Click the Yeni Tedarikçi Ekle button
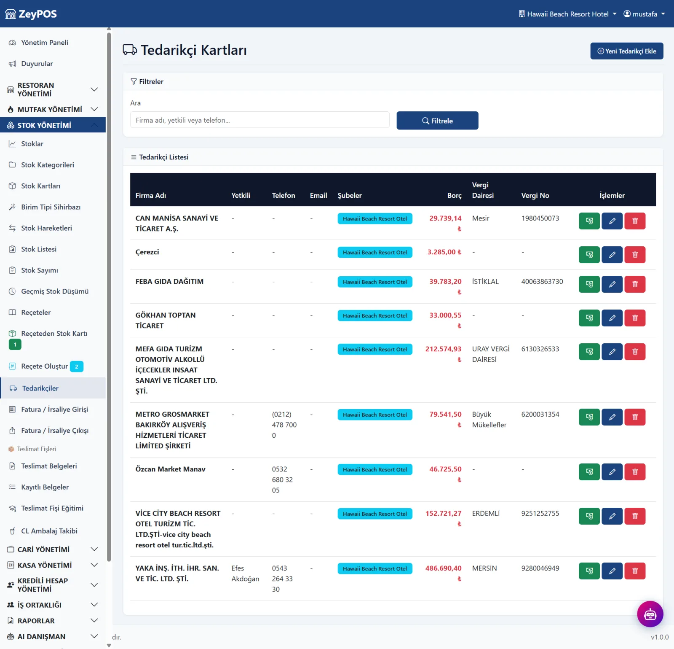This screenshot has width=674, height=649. pyautogui.click(x=626, y=51)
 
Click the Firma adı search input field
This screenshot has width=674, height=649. pyautogui.click(x=259, y=120)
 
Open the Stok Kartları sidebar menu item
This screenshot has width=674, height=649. pyautogui.click(x=40, y=186)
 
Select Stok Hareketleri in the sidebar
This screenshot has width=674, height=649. pyautogui.click(x=46, y=228)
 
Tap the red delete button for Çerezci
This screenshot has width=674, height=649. pyautogui.click(x=635, y=255)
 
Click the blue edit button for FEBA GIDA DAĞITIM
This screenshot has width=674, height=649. pyautogui.click(x=612, y=284)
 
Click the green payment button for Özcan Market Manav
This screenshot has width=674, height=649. pyautogui.click(x=589, y=472)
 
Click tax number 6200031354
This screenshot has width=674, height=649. pyautogui.click(x=540, y=415)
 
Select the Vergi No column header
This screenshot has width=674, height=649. pyautogui.click(x=535, y=196)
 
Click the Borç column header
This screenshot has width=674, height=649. pyautogui.click(x=454, y=196)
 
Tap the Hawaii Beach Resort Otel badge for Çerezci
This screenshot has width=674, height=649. pyautogui.click(x=375, y=253)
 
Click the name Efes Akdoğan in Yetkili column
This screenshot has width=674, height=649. pyautogui.click(x=245, y=574)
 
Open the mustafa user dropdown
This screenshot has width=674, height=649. pyautogui.click(x=644, y=14)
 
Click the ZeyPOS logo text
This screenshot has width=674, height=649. pyautogui.click(x=37, y=14)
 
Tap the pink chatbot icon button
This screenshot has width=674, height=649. pyautogui.click(x=650, y=614)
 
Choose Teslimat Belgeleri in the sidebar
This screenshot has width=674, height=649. pyautogui.click(x=49, y=466)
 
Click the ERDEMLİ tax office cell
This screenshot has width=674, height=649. pyautogui.click(x=486, y=514)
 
